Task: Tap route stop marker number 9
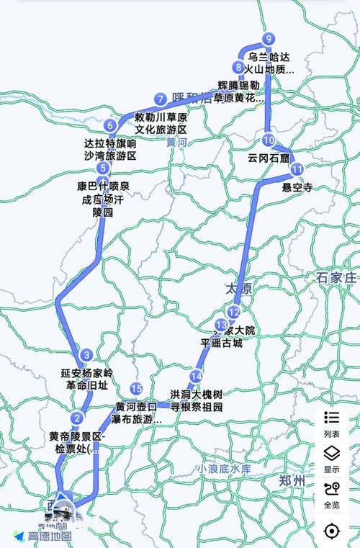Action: (x=269, y=39)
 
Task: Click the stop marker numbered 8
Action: (x=238, y=68)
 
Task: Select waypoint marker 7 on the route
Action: (x=160, y=99)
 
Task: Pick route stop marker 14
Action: (x=196, y=377)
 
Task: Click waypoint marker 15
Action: (x=136, y=389)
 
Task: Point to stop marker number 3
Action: (x=86, y=354)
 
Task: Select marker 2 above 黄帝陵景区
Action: (x=77, y=418)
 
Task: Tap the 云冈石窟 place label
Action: (x=268, y=157)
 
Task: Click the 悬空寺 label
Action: (x=297, y=187)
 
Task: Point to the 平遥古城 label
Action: (x=222, y=343)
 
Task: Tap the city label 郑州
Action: (x=293, y=481)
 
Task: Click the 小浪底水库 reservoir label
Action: (x=226, y=469)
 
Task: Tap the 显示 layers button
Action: (x=332, y=459)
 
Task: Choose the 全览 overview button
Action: (x=332, y=494)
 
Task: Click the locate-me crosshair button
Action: (x=332, y=531)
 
